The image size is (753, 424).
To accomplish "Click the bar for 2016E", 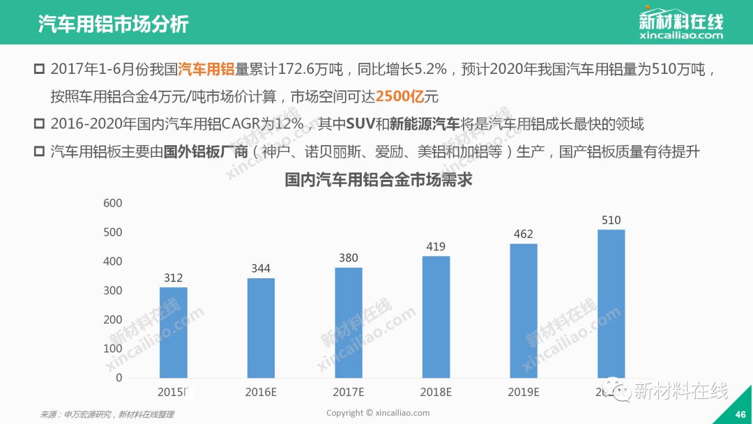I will pyautogui.click(x=261, y=328).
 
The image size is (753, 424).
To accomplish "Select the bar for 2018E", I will pyautogui.click(x=436, y=317).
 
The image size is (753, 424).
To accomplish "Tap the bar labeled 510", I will pyautogui.click(x=611, y=304).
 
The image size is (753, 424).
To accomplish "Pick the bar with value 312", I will pyautogui.click(x=173, y=332).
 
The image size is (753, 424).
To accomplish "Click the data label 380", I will pyautogui.click(x=349, y=257).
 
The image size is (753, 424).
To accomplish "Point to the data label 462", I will pyautogui.click(x=524, y=233).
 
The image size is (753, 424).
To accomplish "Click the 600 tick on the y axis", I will pyautogui.click(x=112, y=203).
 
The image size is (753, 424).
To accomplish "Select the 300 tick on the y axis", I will pyautogui.click(x=112, y=290).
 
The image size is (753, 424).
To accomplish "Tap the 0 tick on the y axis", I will pyautogui.click(x=119, y=377).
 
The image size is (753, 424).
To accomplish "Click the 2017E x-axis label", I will pyautogui.click(x=349, y=392).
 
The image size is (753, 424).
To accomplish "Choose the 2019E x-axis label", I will pyautogui.click(x=524, y=392).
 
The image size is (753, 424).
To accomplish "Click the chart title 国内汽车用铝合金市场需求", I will pyautogui.click(x=379, y=180).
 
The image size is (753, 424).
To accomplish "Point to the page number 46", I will pyautogui.click(x=740, y=414).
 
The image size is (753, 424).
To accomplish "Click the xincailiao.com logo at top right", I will pyautogui.click(x=680, y=24).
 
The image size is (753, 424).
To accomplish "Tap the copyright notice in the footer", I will pyautogui.click(x=378, y=413).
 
